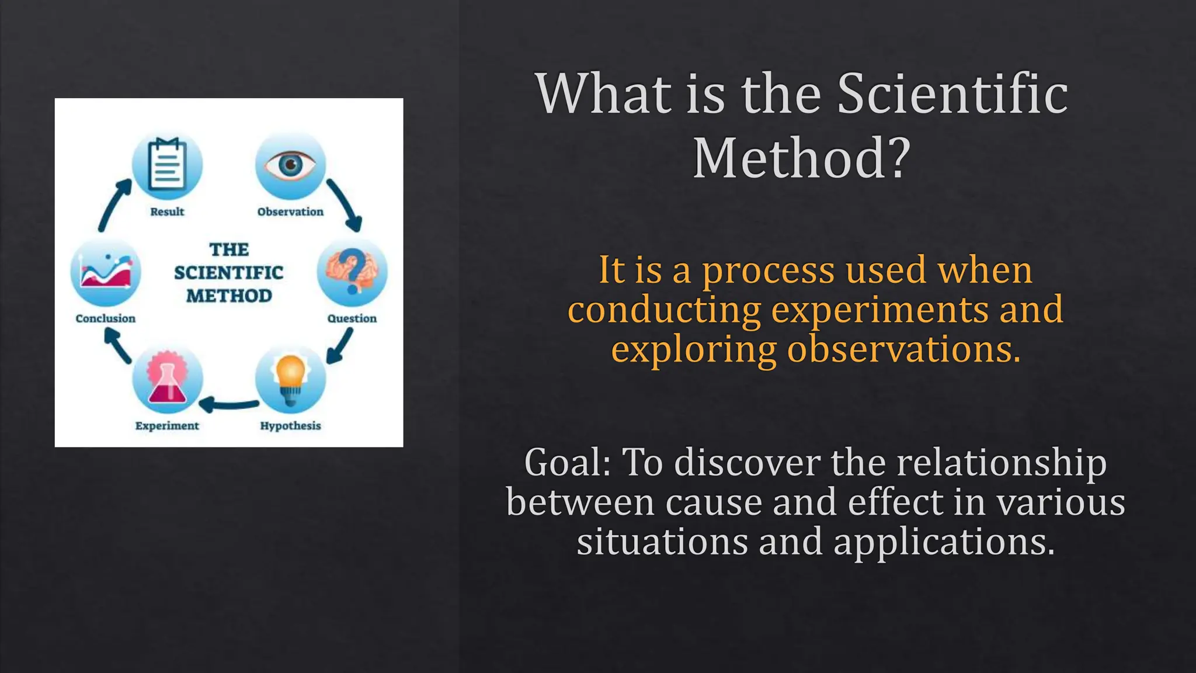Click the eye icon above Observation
290,165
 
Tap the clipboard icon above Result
167,165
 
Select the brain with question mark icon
352,272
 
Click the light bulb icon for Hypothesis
290,379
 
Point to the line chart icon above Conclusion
106,272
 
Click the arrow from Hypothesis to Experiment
228,404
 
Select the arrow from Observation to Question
345,204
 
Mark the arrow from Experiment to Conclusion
117,345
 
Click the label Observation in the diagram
290,212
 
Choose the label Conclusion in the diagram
106,318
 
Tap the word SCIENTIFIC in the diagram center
228,273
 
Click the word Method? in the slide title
801,159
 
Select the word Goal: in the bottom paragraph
567,463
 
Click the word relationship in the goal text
1001,463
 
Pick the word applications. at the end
944,542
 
